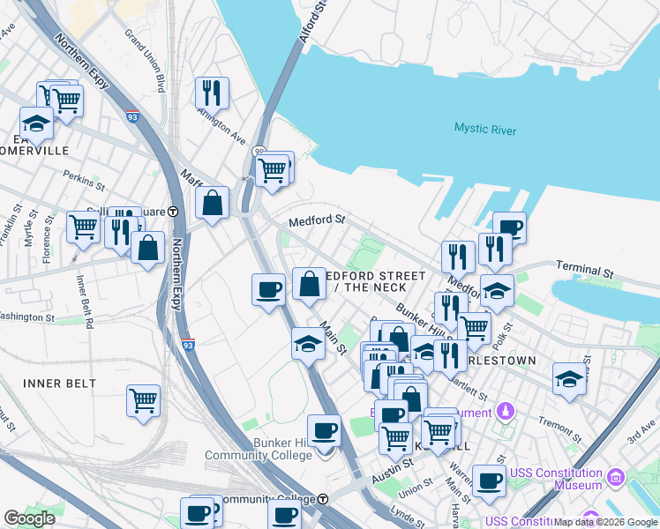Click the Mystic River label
click(x=485, y=129)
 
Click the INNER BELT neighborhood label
click(x=60, y=384)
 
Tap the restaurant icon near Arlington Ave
click(x=212, y=92)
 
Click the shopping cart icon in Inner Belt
click(x=143, y=400)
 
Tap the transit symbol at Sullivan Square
click(x=174, y=212)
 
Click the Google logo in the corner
click(x=30, y=518)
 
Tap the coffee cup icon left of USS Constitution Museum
click(x=488, y=481)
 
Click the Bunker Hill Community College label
click(x=259, y=448)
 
